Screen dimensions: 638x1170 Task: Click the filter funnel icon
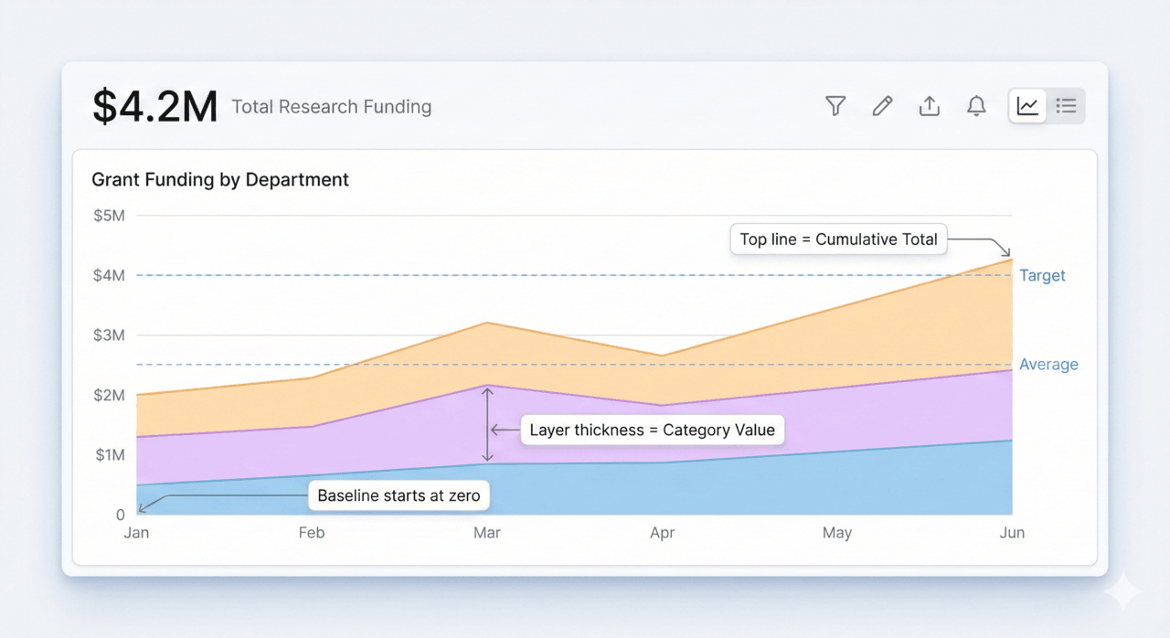(835, 106)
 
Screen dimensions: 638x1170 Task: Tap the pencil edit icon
(882, 106)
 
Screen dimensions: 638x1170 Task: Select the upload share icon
(930, 106)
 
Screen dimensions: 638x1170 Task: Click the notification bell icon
(976, 106)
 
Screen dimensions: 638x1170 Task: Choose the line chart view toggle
(1028, 106)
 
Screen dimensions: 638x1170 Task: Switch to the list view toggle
(1066, 106)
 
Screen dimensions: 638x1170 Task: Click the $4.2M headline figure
(155, 107)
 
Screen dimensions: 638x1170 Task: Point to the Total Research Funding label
(331, 107)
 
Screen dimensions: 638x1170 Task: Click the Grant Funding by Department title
(220, 180)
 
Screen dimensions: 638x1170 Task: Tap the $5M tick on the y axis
(109, 216)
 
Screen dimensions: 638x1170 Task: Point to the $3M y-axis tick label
(109, 335)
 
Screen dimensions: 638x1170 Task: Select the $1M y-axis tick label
(109, 455)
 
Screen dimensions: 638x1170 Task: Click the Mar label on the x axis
(487, 533)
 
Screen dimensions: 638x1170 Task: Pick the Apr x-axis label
(662, 533)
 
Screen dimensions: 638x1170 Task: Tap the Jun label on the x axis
(1012, 533)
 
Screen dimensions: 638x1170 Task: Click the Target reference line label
(1042, 275)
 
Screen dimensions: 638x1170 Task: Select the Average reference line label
(1048, 365)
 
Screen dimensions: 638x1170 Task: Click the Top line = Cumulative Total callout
(838, 239)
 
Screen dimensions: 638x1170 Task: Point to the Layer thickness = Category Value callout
(652, 430)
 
